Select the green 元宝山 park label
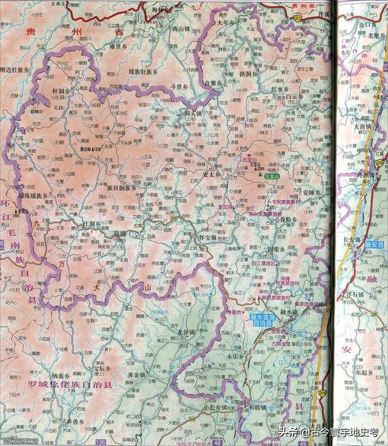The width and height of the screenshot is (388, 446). pyautogui.click(x=273, y=175)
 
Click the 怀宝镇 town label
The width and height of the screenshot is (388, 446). pyautogui.click(x=205, y=238)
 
